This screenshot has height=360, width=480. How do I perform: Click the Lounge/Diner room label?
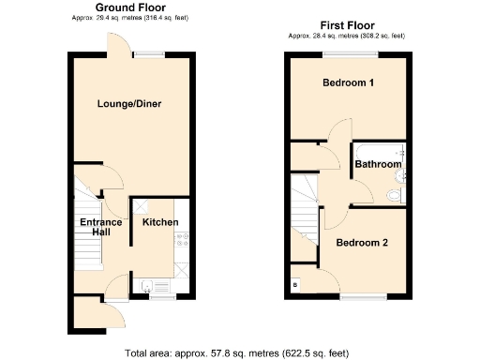pyautogui.click(x=130, y=103)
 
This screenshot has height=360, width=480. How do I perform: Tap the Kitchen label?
pyautogui.click(x=159, y=222)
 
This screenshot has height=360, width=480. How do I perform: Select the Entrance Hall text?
pyautogui.click(x=99, y=226)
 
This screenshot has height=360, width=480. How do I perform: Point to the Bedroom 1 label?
pyautogui.click(x=349, y=83)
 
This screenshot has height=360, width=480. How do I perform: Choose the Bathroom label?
pyautogui.click(x=377, y=165)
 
